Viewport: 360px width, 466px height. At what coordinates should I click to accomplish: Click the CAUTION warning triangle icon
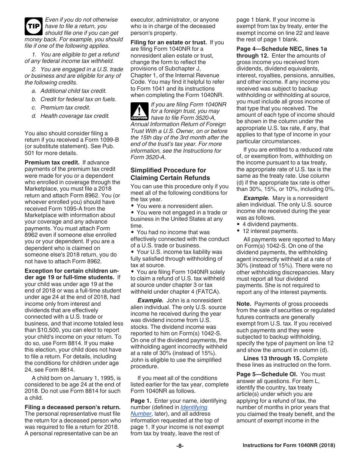[139, 112]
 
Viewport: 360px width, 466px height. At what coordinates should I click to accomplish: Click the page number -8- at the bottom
[180, 446]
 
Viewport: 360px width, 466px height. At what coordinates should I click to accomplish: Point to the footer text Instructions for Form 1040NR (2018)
[289, 446]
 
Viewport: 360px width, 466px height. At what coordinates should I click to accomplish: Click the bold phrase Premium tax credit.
[52, 163]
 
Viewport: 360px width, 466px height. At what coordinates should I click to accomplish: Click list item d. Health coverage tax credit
[70, 116]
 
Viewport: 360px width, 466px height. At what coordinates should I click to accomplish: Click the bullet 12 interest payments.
[264, 231]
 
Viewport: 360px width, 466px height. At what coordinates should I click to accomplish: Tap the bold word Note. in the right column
[244, 304]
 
